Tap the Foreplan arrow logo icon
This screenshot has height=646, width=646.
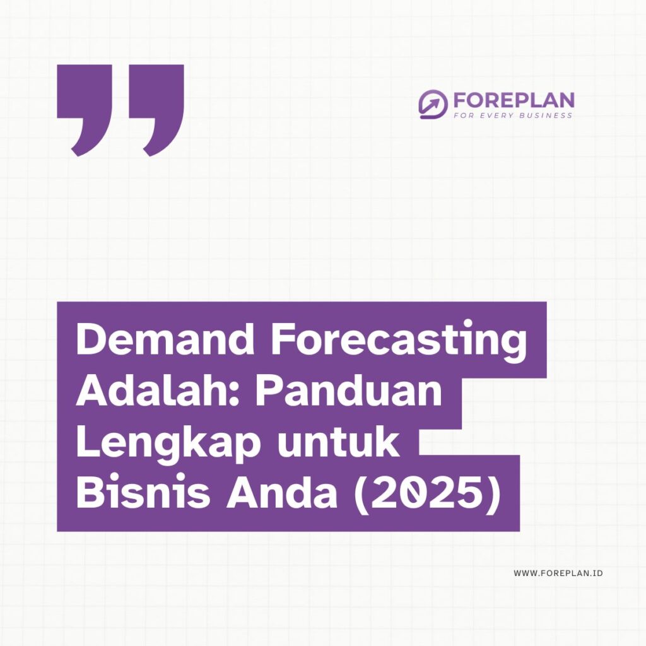(433, 105)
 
